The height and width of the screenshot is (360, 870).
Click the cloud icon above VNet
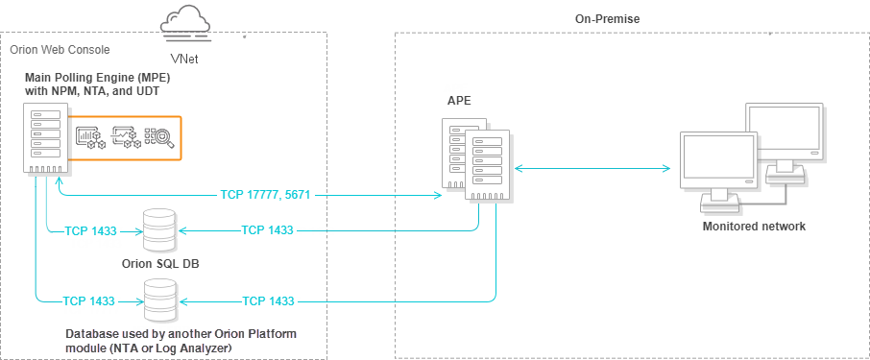pyautogui.click(x=185, y=21)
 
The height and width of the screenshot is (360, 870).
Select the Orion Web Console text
pyautogui.click(x=60, y=49)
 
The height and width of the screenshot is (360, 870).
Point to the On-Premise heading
pyautogui.click(x=608, y=19)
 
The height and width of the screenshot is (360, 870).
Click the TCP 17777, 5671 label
pyautogui.click(x=265, y=195)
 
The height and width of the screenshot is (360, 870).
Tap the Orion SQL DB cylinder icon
pyautogui.click(x=159, y=230)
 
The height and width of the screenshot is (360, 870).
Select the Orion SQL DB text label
pyautogui.click(x=160, y=263)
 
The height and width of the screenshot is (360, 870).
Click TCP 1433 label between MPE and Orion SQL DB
pyautogui.click(x=90, y=230)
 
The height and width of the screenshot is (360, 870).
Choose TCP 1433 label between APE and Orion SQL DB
pyautogui.click(x=267, y=229)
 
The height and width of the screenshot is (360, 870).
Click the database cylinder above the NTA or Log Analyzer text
pyautogui.click(x=159, y=300)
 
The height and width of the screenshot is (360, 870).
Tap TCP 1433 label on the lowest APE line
pyautogui.click(x=268, y=301)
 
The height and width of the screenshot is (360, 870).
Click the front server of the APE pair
pyautogui.click(x=487, y=165)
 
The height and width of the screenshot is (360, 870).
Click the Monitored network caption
pyautogui.click(x=754, y=227)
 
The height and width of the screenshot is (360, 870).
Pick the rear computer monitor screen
pyautogui.click(x=783, y=131)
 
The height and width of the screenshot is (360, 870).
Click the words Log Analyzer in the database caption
pyautogui.click(x=203, y=348)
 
